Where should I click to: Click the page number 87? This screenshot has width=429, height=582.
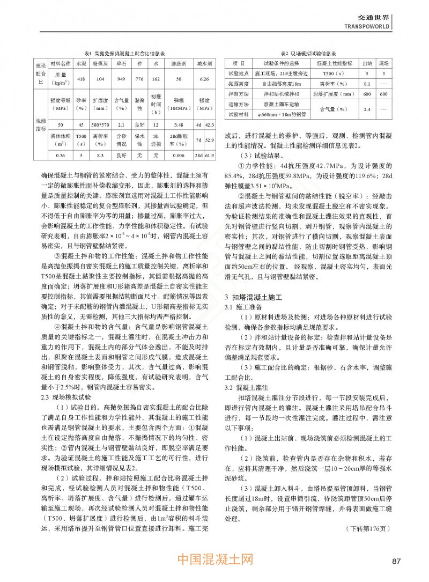tap(396, 561)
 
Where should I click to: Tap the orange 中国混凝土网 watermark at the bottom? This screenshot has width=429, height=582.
tap(214, 559)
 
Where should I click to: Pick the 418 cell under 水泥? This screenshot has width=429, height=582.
tap(81, 79)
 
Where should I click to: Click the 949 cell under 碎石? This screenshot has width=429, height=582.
tap(121, 79)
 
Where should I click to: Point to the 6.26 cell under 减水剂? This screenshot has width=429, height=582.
tap(203, 79)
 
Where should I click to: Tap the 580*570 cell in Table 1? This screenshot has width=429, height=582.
tap(100, 125)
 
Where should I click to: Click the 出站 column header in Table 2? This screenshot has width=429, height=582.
tap(367, 63)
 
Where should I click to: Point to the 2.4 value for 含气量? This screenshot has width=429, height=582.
tap(367, 109)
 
